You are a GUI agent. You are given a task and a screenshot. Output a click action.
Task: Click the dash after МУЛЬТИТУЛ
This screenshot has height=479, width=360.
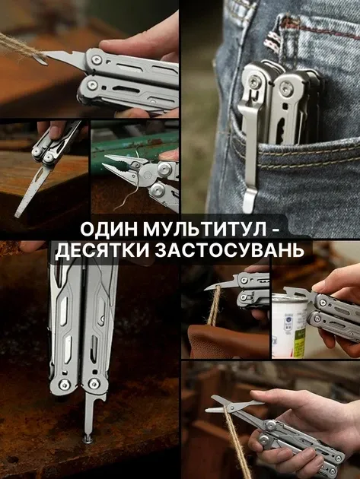tap(279, 229)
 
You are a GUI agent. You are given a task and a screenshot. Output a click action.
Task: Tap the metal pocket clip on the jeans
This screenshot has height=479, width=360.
tap(250, 137)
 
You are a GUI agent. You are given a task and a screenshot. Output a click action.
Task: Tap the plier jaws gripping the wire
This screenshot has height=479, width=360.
tap(118, 162)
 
